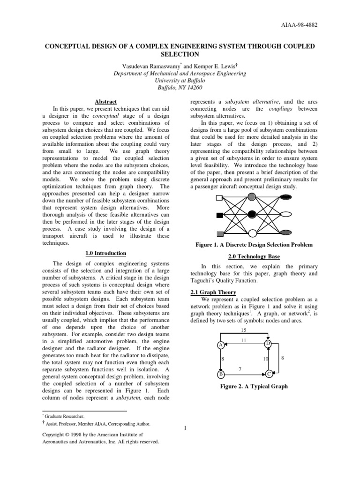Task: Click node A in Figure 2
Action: click(x=220, y=345)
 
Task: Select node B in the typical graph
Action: click(x=220, y=374)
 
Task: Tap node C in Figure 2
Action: click(x=268, y=374)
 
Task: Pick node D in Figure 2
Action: click(x=268, y=344)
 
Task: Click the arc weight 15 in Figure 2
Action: click(x=243, y=330)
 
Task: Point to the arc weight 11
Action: click(x=243, y=341)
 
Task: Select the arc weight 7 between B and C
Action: click(x=240, y=369)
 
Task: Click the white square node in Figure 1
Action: click(x=219, y=197)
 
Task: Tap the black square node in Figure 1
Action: click(x=219, y=216)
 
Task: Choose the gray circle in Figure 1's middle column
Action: click(x=252, y=196)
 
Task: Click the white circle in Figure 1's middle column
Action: click(x=252, y=233)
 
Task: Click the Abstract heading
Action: click(x=106, y=102)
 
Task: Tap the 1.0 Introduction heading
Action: click(x=106, y=253)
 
